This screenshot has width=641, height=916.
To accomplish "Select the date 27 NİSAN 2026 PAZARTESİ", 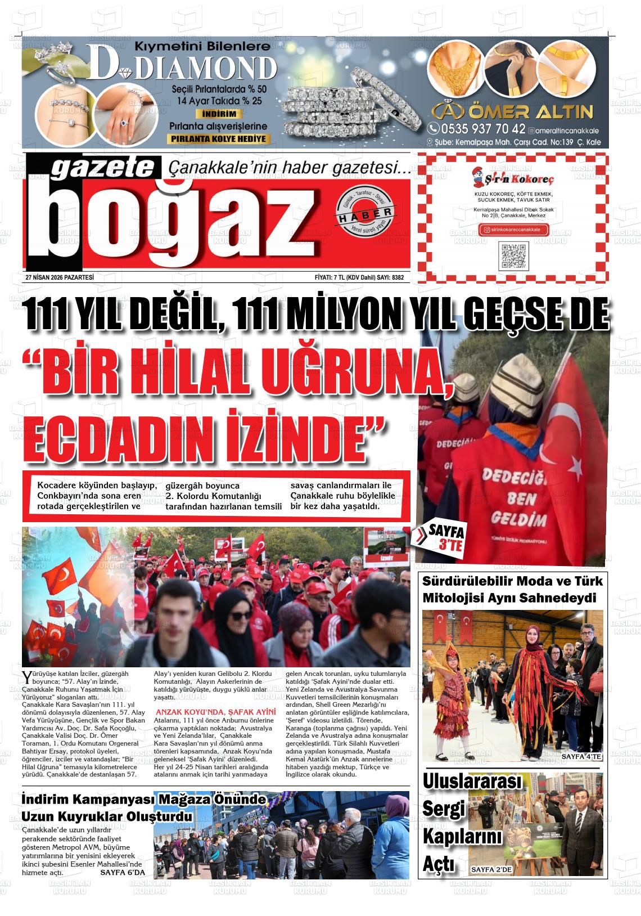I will coord(59,277).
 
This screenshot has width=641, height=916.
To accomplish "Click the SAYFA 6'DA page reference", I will coord(123,872).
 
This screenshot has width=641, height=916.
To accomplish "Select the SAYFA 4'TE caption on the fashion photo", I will coord(581,757).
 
